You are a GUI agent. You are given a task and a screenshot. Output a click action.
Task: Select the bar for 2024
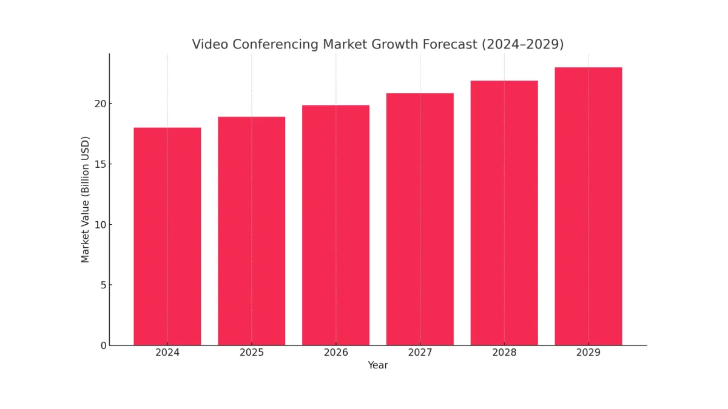point(167,236)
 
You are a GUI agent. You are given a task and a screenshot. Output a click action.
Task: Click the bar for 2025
point(252,231)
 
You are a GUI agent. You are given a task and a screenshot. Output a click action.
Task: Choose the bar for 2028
point(504,213)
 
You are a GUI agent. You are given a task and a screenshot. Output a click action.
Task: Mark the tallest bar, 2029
point(588,206)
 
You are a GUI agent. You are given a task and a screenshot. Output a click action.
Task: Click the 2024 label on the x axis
point(167,353)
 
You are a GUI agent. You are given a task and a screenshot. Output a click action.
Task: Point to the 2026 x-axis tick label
point(335,353)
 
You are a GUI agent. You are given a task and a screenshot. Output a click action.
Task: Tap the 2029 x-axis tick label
point(588,353)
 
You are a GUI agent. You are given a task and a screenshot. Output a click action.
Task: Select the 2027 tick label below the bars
point(420,353)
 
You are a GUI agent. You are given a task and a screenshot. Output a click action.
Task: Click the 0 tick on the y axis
point(104,345)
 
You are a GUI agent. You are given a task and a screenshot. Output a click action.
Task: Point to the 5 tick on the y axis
point(104,285)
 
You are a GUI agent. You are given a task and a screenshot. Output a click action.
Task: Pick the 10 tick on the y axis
point(101,225)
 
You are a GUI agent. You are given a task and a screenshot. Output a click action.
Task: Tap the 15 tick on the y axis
point(101,164)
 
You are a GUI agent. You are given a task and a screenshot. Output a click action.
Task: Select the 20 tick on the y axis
point(101,104)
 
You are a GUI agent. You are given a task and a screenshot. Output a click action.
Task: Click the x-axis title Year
point(378,365)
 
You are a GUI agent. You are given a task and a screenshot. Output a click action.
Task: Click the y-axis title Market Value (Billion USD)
point(86,199)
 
